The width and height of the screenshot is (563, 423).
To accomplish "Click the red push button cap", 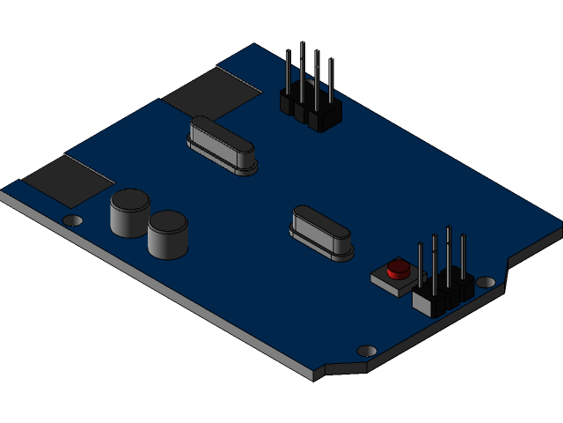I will pyautogui.click(x=398, y=267).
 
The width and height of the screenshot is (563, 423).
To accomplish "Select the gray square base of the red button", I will pyautogui.click(x=388, y=281).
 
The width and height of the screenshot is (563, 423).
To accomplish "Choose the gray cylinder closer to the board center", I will pyautogui.click(x=168, y=234).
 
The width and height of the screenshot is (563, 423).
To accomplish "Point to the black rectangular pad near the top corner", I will pyautogui.click(x=211, y=92).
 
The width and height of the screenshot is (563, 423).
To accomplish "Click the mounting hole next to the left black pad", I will pyautogui.click(x=74, y=220).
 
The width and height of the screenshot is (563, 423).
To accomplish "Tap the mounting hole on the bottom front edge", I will pyautogui.click(x=367, y=351).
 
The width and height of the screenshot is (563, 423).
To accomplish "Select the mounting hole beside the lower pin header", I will pyautogui.click(x=485, y=282).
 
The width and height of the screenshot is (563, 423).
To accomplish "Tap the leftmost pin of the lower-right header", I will pyautogui.click(x=420, y=264).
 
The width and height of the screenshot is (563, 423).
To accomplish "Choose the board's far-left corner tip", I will pyautogui.click(x=3, y=192).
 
